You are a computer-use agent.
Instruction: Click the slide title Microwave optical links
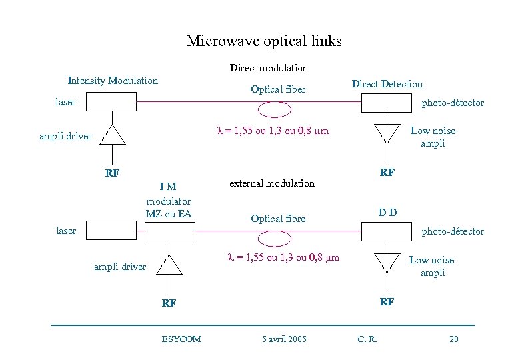263,41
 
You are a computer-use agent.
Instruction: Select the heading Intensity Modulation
113,81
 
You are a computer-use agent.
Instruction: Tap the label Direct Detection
387,84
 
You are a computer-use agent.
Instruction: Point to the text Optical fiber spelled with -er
278,89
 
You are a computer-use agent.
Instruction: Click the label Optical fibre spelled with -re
278,218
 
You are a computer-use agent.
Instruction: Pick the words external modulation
271,183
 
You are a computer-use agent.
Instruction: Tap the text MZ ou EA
168,213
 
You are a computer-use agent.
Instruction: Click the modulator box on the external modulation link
169,231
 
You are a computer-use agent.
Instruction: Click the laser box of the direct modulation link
111,102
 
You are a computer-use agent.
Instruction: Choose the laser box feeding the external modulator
111,231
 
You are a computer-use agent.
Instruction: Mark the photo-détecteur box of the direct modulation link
386,103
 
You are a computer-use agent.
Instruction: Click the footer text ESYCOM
181,339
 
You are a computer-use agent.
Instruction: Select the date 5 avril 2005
284,339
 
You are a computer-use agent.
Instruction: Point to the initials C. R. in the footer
367,339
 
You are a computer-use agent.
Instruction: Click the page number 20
453,339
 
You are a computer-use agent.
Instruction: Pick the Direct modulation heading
269,68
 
